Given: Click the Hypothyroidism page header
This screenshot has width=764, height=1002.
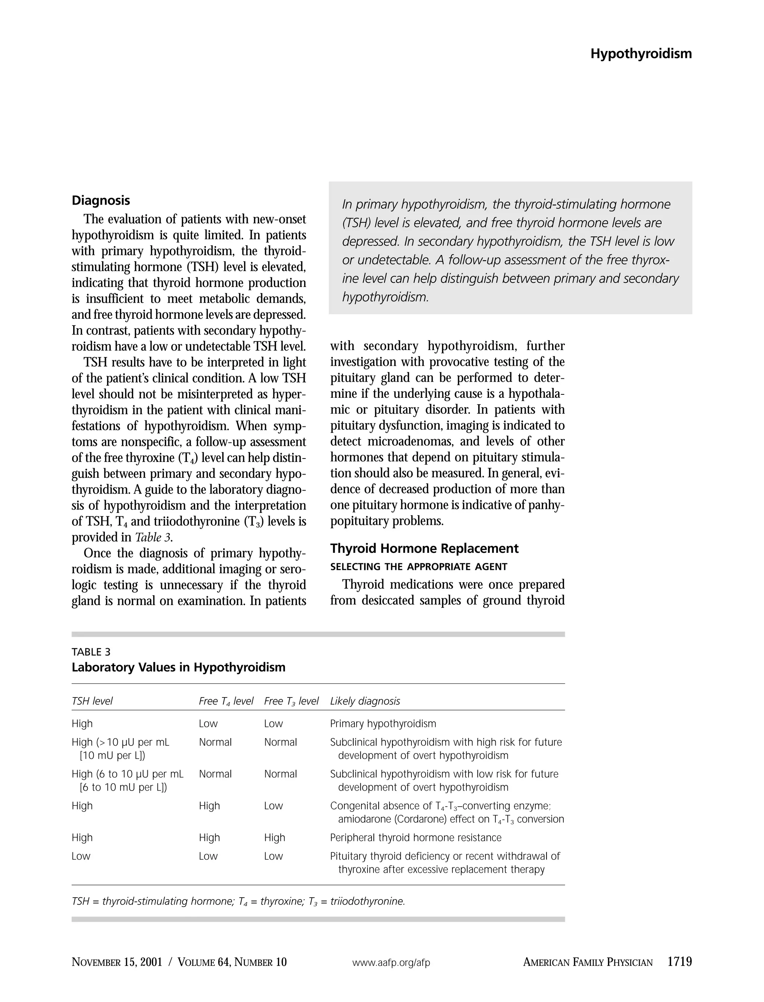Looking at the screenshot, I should [x=641, y=54].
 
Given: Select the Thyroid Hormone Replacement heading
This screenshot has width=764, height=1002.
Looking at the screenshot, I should [x=424, y=548].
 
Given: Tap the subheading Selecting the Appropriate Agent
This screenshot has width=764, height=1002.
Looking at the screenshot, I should [x=419, y=567].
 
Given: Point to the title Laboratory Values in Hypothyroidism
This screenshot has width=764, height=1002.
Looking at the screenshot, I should [x=178, y=667].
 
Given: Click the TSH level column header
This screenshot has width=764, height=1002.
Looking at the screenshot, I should [x=92, y=701].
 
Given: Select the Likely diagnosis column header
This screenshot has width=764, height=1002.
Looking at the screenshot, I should [x=365, y=701].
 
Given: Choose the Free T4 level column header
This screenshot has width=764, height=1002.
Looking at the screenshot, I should [x=226, y=701].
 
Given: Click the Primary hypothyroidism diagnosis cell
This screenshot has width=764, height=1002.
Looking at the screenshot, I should [x=382, y=724].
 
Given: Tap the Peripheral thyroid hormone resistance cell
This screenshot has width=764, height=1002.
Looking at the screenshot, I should [x=415, y=838].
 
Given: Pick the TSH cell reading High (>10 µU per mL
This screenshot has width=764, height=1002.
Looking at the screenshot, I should [x=120, y=742].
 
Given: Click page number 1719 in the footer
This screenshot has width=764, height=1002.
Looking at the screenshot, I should [x=679, y=962].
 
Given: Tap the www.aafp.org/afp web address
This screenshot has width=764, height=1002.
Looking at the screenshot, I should [x=391, y=962].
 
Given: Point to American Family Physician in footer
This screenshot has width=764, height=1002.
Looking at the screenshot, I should [x=588, y=962].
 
